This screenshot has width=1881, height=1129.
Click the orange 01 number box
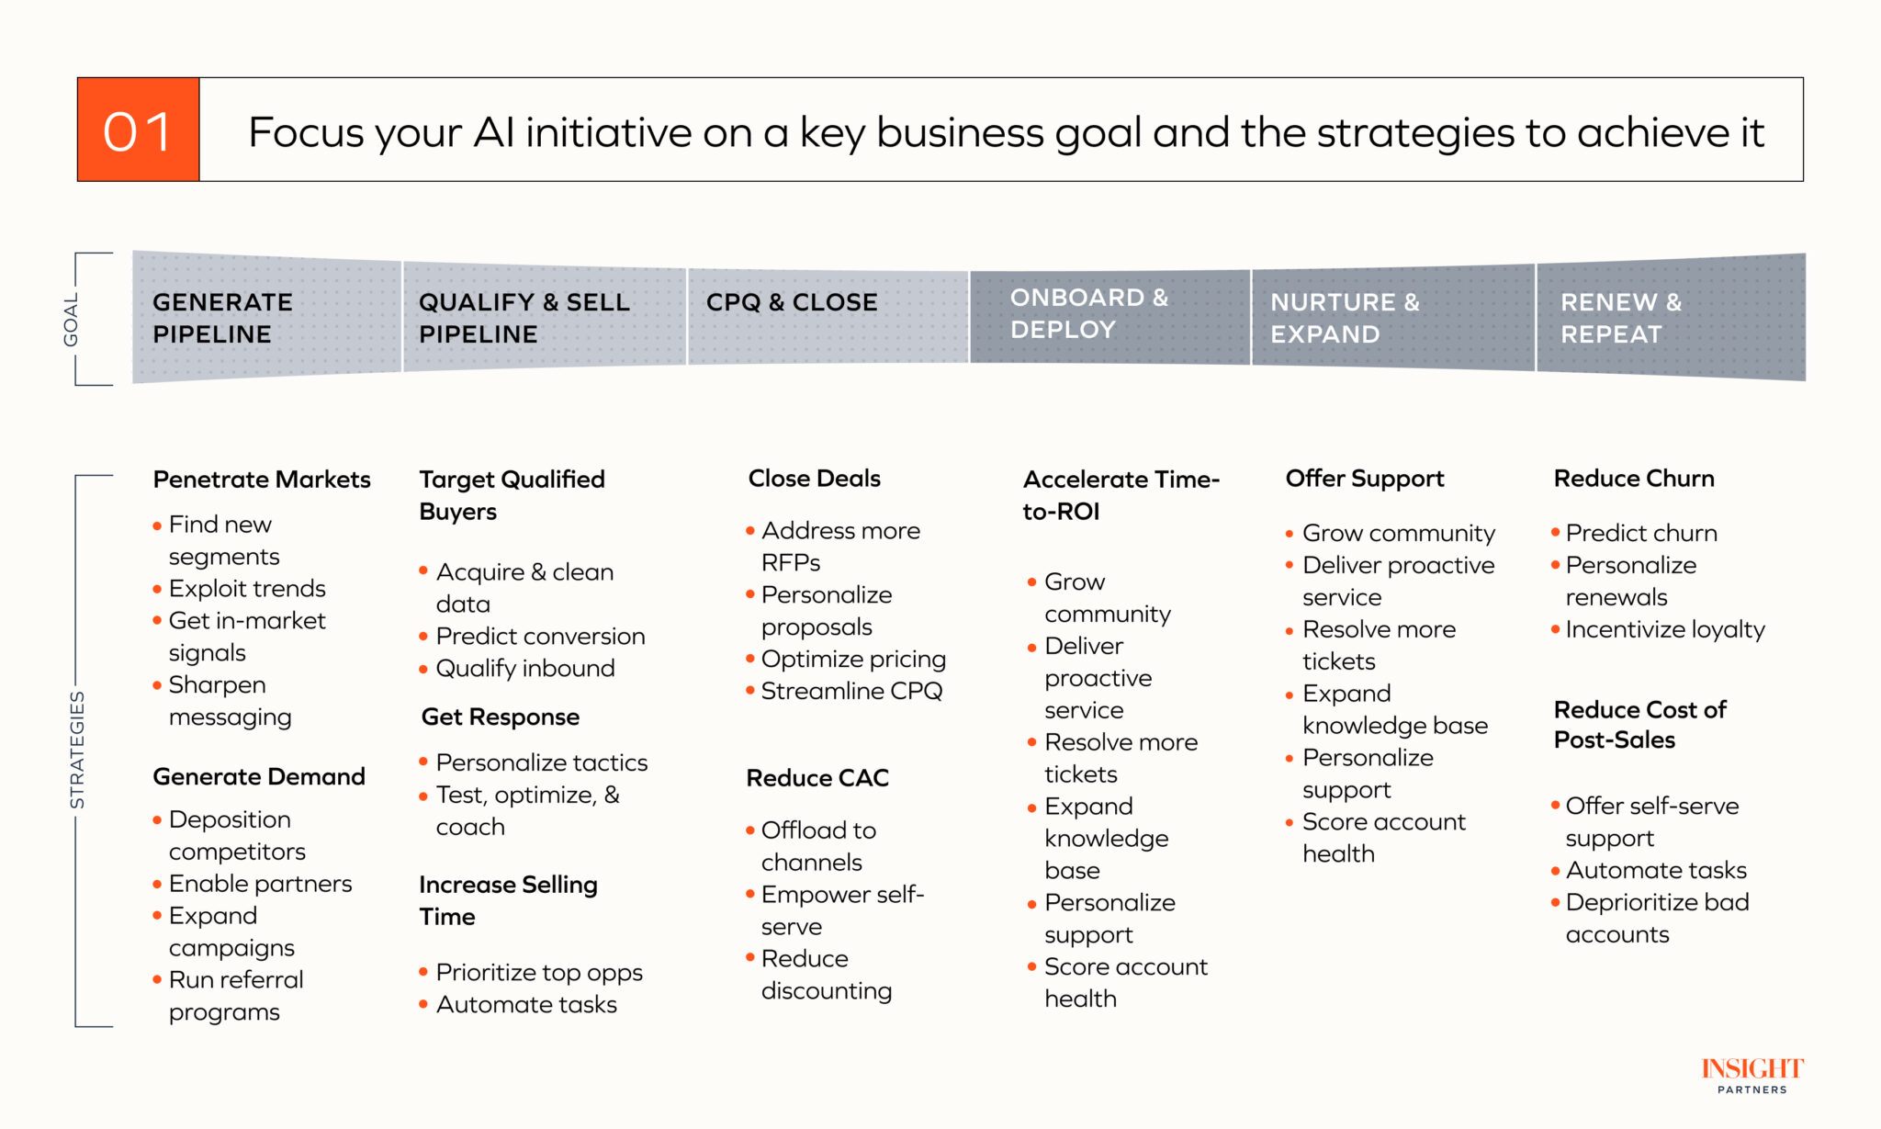click(x=138, y=130)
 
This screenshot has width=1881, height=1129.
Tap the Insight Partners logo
click(x=1752, y=1075)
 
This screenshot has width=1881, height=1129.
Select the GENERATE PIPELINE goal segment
click(x=267, y=317)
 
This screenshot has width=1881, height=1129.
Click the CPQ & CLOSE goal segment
click(x=828, y=317)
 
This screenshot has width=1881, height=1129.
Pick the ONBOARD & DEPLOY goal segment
click(x=1109, y=317)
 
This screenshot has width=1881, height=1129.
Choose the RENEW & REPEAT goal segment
click(x=1671, y=317)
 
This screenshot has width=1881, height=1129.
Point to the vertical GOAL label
click(x=71, y=320)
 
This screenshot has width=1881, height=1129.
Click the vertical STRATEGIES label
click(x=77, y=750)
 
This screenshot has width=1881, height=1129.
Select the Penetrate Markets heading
click(x=262, y=480)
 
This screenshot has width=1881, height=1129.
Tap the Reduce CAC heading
click(x=817, y=778)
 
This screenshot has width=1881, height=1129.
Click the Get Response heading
click(x=501, y=717)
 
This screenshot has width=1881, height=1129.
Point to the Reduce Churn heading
click(x=1634, y=479)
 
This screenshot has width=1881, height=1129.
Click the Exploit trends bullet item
click(x=247, y=588)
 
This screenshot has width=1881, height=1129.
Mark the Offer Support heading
click(x=1365, y=479)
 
